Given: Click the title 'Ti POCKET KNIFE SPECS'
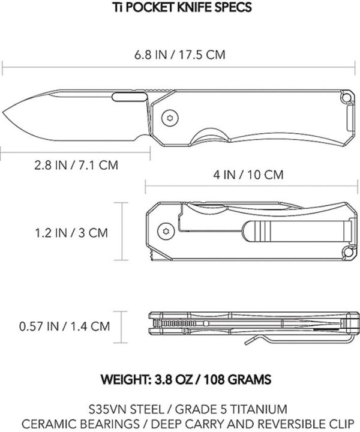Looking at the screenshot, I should (180, 9).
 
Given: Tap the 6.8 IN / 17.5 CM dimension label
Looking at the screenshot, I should (180, 53).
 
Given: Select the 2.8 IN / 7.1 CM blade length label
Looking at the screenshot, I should (67, 164).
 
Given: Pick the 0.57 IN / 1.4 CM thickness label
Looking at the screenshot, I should (64, 326).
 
